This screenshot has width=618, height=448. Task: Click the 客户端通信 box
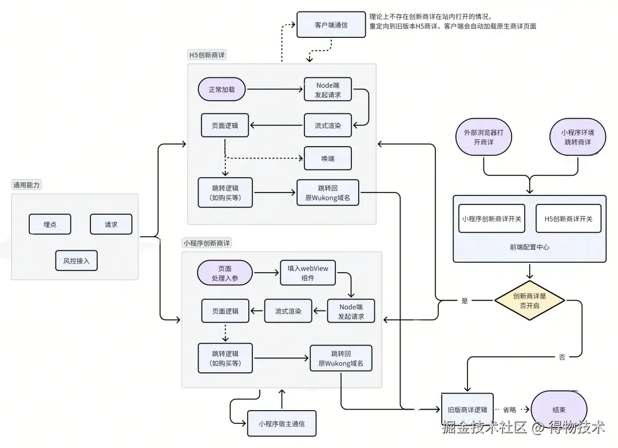click(331, 25)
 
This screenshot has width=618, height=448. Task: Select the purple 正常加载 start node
click(221, 89)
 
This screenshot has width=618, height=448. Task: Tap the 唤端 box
click(327, 158)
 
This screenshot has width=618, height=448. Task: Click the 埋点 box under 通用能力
click(50, 225)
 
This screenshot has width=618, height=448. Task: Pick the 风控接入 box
click(76, 261)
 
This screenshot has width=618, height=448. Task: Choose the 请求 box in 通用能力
click(111, 225)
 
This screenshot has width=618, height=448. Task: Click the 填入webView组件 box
click(308, 273)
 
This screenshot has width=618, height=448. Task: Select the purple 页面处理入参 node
click(224, 273)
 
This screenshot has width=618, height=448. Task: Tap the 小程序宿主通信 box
click(281, 424)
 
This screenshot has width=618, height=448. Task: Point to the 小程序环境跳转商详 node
click(577, 137)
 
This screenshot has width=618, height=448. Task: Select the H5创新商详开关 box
click(568, 218)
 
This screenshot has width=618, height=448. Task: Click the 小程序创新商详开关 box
click(492, 218)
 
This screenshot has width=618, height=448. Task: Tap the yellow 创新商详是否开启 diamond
click(529, 301)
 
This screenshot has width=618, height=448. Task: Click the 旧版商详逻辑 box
click(467, 410)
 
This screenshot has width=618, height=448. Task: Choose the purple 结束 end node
click(559, 410)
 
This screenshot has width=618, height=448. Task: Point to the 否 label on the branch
click(561, 357)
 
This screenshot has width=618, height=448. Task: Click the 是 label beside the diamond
click(464, 301)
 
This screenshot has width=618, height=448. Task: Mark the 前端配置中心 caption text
click(529, 247)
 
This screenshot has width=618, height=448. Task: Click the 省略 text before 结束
click(509, 410)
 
